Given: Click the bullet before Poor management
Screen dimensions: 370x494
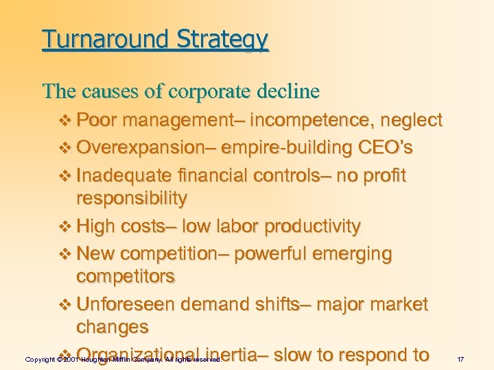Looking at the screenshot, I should click(x=66, y=121).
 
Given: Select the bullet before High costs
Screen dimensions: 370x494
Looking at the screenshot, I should click(x=66, y=227).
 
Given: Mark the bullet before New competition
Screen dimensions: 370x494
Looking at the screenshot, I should click(x=66, y=254).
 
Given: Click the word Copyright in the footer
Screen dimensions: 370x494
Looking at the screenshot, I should click(x=39, y=359).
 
